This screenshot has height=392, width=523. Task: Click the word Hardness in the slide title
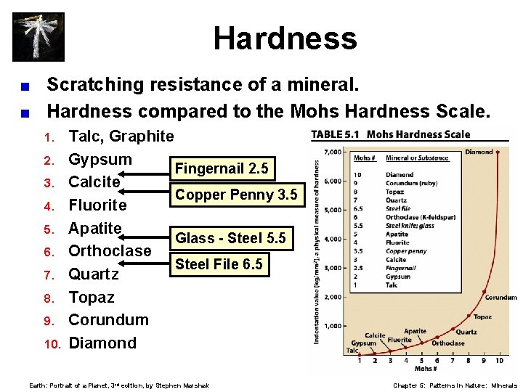[x=285, y=38]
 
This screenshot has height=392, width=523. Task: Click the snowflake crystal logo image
[x=38, y=36]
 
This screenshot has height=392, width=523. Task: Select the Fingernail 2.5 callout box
[x=222, y=169]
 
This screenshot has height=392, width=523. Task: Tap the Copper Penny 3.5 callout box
[x=236, y=195]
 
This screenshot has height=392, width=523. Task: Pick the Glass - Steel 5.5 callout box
[x=230, y=238]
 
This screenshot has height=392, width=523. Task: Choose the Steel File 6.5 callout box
[x=219, y=264]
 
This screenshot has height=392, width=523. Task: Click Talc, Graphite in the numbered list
[x=121, y=136]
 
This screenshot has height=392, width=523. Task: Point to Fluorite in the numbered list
[x=97, y=205]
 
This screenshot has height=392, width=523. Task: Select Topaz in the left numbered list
[x=91, y=298]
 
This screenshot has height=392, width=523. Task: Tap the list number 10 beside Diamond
[x=48, y=343]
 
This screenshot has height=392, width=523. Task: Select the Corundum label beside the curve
[x=501, y=298]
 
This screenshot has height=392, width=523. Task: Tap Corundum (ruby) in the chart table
[x=412, y=183]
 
